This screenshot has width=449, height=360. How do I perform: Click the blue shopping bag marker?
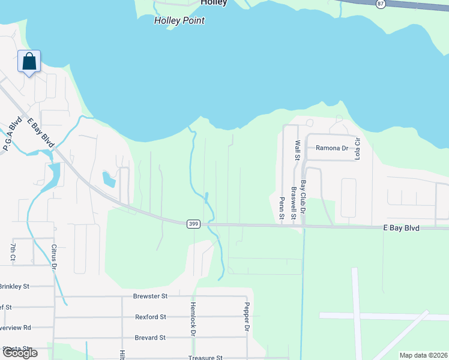pyautogui.click(x=29, y=62)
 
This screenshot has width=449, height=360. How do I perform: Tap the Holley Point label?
pyautogui.click(x=179, y=20)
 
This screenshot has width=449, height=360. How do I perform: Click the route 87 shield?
pyautogui.click(x=381, y=4)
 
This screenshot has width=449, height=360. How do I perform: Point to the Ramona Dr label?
pyautogui.click(x=333, y=148)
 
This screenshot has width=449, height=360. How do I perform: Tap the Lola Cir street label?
pyautogui.click(x=357, y=148)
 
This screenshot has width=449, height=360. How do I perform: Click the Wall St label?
pyautogui.click(x=297, y=151)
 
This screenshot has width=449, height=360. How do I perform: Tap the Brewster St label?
pyautogui.click(x=150, y=296)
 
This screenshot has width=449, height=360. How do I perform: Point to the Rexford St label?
pyautogui.click(x=151, y=317)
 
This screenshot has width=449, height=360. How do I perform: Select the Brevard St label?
pyautogui.click(x=150, y=338)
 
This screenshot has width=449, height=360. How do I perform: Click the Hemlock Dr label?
pyautogui.click(x=193, y=318)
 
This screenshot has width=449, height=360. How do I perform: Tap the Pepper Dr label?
pyautogui.click(x=246, y=317)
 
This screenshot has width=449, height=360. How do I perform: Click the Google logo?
pyautogui.click(x=20, y=353)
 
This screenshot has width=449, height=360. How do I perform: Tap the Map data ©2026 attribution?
pyautogui.click(x=423, y=355)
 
